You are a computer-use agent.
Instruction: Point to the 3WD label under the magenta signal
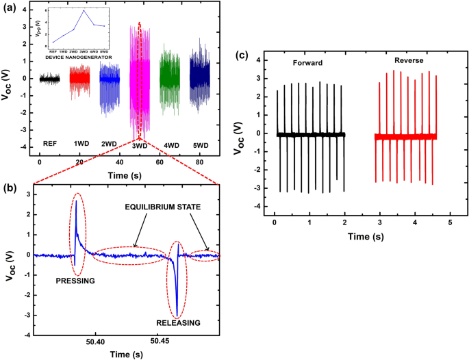click(140, 146)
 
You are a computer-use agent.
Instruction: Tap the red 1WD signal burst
click(79, 79)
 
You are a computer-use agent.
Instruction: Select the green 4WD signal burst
click(169, 77)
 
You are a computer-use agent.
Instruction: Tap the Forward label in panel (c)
click(305, 63)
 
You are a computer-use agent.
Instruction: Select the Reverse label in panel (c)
click(408, 61)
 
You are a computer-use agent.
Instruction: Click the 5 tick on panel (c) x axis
click(449, 223)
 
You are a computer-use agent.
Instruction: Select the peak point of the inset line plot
click(84, 11)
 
